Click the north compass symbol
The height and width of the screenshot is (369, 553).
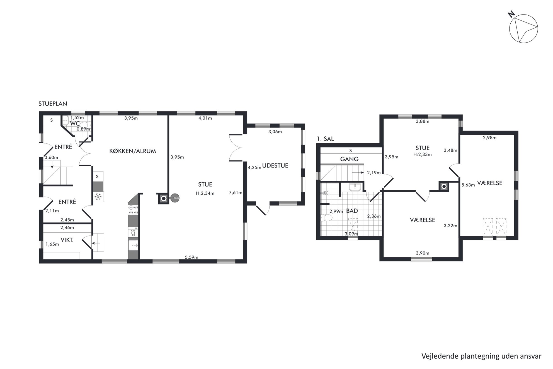pos(523,28)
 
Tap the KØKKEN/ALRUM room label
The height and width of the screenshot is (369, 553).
pos(132,151)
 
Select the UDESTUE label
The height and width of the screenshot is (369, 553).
pos(275,165)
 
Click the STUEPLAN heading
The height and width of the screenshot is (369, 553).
pos(53,103)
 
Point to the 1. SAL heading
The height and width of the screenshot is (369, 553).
pos(325,139)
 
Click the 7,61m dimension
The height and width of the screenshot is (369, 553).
pos(236,192)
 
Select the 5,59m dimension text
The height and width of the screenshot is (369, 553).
pos(191,257)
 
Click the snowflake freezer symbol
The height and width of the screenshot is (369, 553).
pos(98,197)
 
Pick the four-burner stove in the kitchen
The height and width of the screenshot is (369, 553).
pos(133,210)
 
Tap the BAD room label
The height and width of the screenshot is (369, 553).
pos(352,211)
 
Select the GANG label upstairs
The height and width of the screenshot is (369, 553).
pos(349,159)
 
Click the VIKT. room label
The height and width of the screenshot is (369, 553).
pos(67,240)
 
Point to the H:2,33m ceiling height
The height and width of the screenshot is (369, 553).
pos(423,154)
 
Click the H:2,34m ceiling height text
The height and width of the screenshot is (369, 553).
pos(205,193)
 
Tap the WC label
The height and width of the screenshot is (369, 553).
pos(75,123)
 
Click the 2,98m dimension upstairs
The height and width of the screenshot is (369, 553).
pos(490,138)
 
